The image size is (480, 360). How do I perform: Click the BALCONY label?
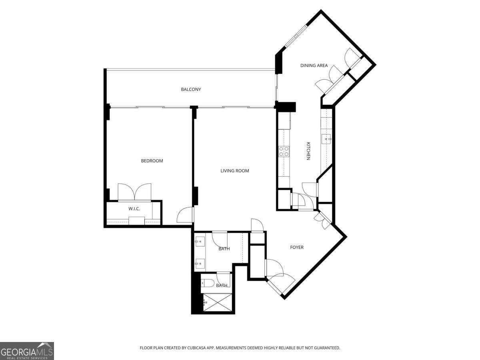tap(191, 90)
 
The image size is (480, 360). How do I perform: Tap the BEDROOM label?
tap(152, 161)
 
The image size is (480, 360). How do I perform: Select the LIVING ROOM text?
tap(235, 171)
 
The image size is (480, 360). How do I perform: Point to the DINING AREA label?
tap(314, 66)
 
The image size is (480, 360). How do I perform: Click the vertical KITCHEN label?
tap(308, 151)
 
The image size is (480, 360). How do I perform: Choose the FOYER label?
tap(297, 247)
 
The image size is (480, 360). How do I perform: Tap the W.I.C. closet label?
tap(134, 209)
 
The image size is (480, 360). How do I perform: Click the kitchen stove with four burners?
tap(284, 151)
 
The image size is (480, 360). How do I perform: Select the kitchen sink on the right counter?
tap(326, 139)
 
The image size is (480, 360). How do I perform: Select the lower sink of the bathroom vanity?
tap(200, 263)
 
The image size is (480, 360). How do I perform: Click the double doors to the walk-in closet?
tap(134, 192)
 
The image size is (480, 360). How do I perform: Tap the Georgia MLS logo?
tap(27, 351)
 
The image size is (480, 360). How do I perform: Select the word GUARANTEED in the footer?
tap(326, 348)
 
